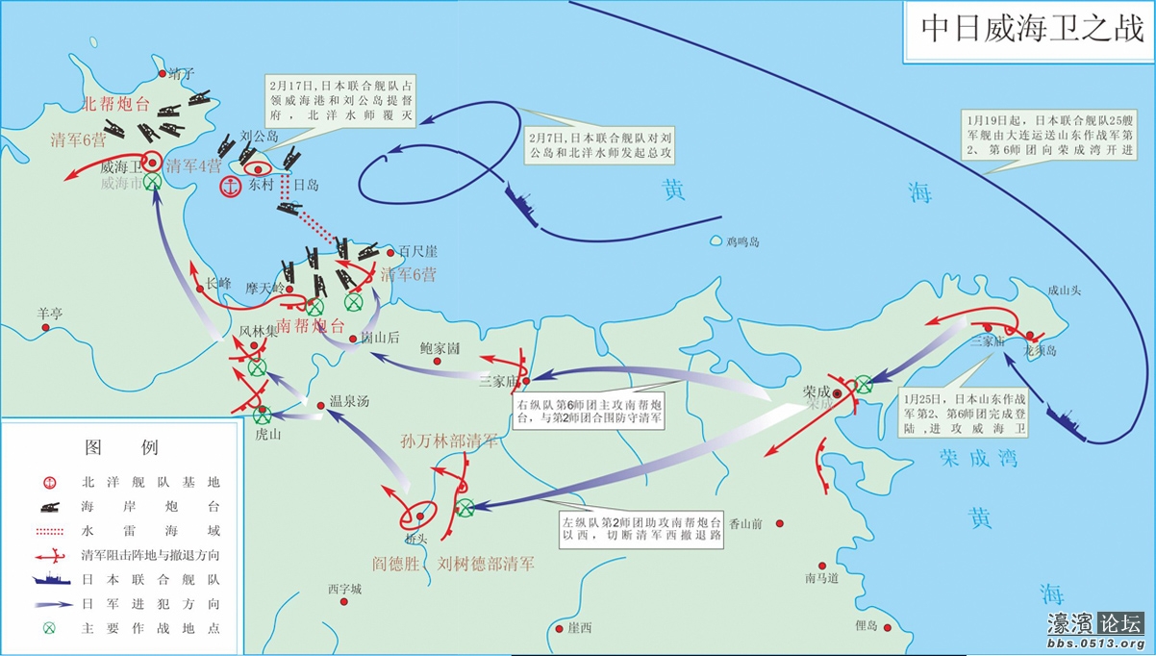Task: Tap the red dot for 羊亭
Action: [45, 328]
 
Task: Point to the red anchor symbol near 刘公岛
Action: [231, 187]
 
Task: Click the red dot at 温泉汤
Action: [321, 404]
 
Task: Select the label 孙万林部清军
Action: [449, 442]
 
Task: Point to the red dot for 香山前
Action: [780, 523]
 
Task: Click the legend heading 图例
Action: [121, 447]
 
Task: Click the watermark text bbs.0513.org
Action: [1095, 643]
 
